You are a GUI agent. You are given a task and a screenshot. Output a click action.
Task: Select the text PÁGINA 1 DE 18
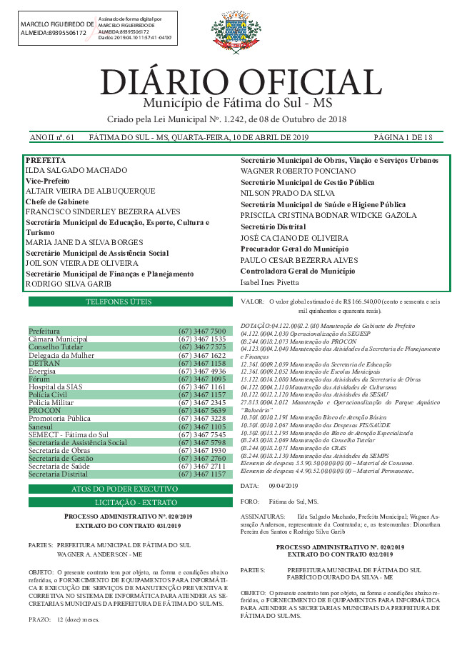[x=403, y=136]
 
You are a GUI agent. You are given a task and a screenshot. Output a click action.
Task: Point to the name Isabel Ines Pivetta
[x=269, y=282]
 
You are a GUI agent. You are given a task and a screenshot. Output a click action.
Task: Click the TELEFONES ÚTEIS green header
[x=130, y=302]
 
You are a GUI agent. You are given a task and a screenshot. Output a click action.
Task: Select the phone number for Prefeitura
[x=202, y=331]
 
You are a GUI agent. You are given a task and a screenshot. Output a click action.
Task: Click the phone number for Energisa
[x=202, y=372]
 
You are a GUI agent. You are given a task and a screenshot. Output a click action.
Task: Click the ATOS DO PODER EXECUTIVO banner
[x=130, y=489]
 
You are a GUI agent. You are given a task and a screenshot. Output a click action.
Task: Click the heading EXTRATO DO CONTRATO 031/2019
[x=130, y=526]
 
